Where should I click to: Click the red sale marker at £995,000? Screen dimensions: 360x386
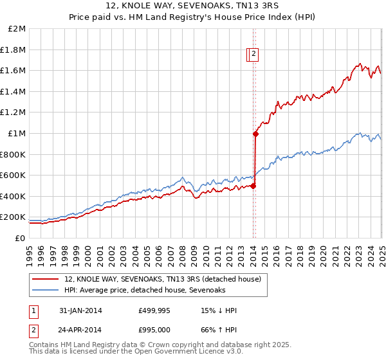(x=255, y=134)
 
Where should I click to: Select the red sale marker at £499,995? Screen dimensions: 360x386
(x=253, y=186)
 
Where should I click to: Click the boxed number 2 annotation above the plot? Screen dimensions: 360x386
(x=254, y=55)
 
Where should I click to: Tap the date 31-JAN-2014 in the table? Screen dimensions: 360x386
(x=80, y=310)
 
